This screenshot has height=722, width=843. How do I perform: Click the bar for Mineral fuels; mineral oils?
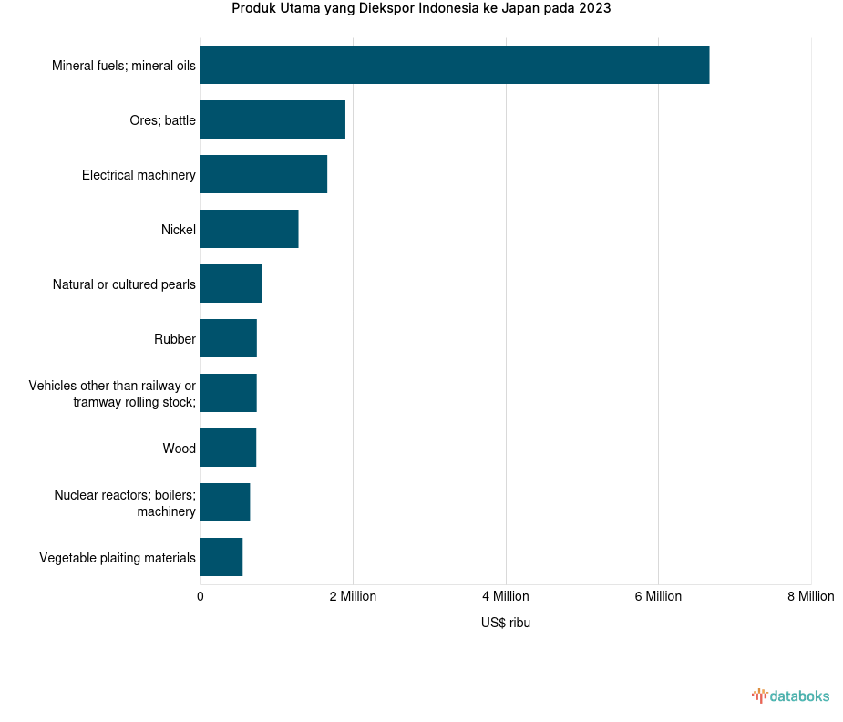454,65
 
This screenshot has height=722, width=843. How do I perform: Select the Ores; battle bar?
272,119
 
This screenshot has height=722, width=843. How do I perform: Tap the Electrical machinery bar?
263,174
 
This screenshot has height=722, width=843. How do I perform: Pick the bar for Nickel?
249,229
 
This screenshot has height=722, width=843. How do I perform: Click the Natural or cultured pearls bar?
231,284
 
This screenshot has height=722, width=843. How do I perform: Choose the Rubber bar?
228,338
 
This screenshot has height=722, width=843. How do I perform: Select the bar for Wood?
228,448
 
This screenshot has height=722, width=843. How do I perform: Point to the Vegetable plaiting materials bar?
221,557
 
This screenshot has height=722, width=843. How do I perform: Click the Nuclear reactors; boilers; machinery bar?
225,502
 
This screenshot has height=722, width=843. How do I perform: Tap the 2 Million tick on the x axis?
353,596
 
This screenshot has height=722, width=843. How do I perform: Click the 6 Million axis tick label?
658,596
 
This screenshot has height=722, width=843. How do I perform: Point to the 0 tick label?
200,596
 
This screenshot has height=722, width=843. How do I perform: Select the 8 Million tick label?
810,596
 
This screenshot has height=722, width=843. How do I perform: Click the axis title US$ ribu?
506,623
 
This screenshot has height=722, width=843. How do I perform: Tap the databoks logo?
790,696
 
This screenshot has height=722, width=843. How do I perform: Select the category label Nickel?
179,230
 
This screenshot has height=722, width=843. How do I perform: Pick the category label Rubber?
175,339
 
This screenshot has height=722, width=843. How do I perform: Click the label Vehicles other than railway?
112,386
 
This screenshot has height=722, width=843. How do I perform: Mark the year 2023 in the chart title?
595,9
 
